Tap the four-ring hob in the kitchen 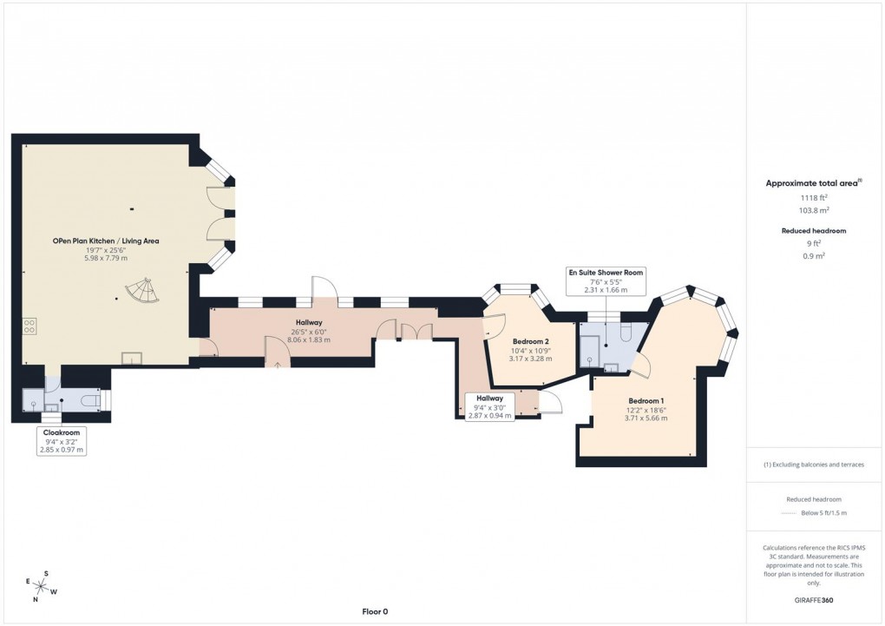(29, 326)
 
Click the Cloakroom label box (62, 440)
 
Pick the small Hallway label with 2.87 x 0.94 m (489, 406)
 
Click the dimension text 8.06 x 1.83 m (309, 339)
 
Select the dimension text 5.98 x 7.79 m (105, 258)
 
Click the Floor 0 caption (375, 611)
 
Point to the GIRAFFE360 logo (816, 600)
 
